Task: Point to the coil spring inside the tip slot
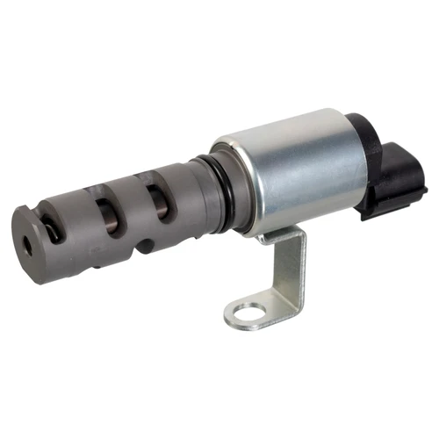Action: [x=55, y=230]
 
